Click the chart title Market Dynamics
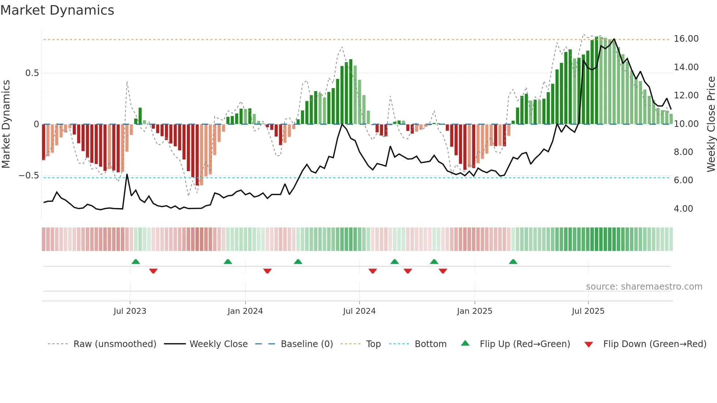click(x=57, y=10)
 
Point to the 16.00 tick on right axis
click(x=686, y=39)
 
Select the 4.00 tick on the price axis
click(x=683, y=208)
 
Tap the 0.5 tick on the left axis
click(x=32, y=73)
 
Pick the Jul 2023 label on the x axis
click(x=129, y=311)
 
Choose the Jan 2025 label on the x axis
click(x=474, y=311)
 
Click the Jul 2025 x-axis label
click(x=588, y=311)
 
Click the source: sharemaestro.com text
click(x=644, y=286)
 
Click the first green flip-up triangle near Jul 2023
click(x=136, y=261)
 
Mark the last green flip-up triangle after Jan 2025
click(x=513, y=261)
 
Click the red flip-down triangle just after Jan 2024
click(x=267, y=271)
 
